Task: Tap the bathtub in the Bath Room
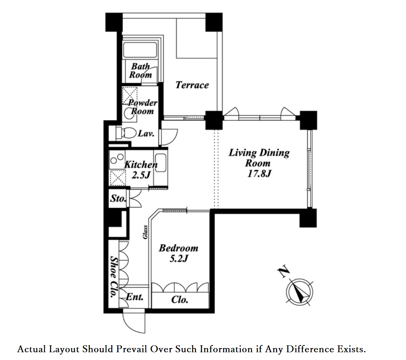click(x=140, y=50)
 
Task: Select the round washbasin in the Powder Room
click(x=128, y=114)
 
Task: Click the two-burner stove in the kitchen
click(x=117, y=159)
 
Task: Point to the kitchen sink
click(x=161, y=163)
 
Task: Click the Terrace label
click(x=192, y=85)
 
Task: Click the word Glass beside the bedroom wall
click(x=145, y=232)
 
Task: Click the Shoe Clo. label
click(x=114, y=277)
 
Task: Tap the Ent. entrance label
click(x=134, y=297)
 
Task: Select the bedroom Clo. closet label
click(x=180, y=300)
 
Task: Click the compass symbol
click(x=300, y=292)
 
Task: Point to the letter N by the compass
click(x=284, y=272)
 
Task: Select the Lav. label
click(x=146, y=134)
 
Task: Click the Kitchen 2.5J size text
click(x=141, y=175)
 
